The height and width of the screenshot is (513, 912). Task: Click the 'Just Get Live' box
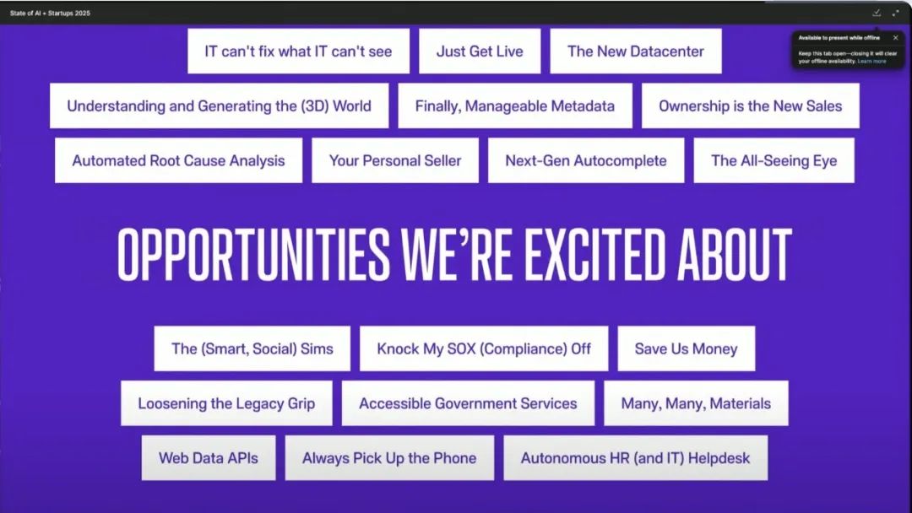pos(480,51)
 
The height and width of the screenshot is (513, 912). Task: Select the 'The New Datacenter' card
pos(636,51)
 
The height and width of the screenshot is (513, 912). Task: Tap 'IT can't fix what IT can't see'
pos(298,51)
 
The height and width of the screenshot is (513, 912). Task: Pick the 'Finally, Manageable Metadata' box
pos(515,105)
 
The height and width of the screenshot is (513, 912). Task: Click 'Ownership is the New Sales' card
pos(751,105)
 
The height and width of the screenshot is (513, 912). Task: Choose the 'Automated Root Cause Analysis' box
pos(178,160)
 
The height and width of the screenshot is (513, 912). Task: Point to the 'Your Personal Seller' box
pos(395,160)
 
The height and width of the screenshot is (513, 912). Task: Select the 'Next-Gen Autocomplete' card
pos(586,160)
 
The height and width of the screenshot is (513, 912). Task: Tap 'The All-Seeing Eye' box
pos(774,160)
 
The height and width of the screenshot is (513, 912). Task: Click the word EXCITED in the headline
pos(594,254)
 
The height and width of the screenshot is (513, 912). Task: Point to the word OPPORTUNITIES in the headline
pos(253,254)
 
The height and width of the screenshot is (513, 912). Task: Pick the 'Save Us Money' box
pos(687,348)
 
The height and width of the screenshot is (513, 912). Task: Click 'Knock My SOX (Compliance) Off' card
pos(484,348)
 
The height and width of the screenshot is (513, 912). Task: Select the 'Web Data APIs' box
pos(209,458)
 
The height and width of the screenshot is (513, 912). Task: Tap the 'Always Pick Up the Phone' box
pos(389,458)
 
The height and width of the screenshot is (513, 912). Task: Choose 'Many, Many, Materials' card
pos(696,403)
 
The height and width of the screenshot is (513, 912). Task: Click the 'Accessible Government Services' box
pos(468,403)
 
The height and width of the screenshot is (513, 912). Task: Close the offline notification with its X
pos(896,38)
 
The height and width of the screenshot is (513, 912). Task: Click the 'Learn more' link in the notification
pos(871,61)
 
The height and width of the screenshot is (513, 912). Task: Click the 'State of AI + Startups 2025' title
pos(50,13)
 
